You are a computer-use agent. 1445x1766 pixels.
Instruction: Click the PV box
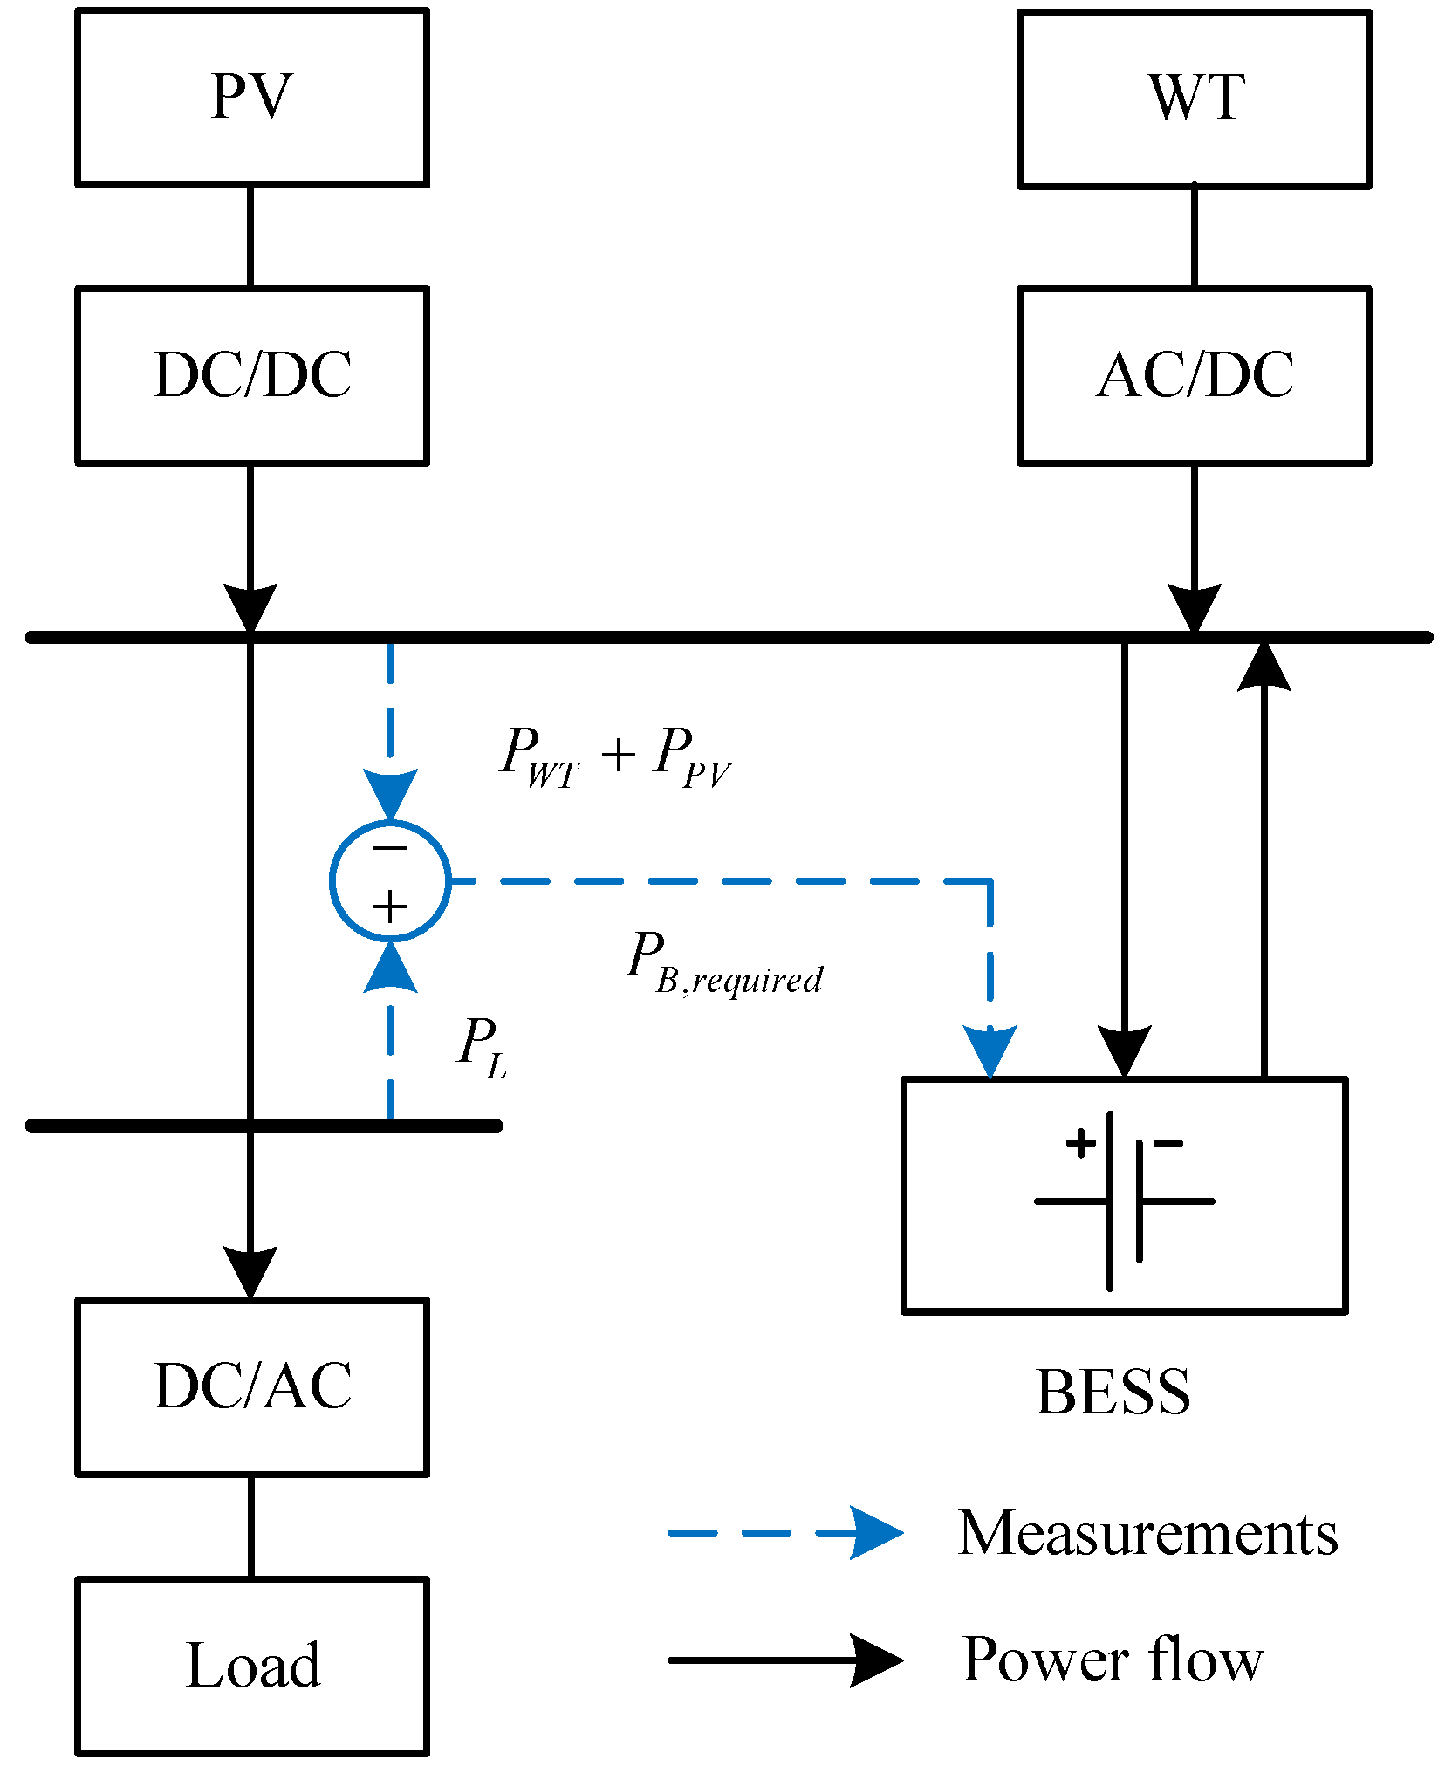(x=251, y=97)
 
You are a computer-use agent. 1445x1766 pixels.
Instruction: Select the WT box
(x=1194, y=99)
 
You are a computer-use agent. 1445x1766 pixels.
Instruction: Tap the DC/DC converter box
(x=251, y=375)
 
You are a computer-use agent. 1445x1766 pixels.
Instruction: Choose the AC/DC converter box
(x=1194, y=375)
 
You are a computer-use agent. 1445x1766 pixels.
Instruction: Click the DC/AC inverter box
(x=251, y=1386)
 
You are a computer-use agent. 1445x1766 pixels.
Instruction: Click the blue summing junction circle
(x=390, y=880)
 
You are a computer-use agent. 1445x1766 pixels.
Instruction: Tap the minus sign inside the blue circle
(x=389, y=848)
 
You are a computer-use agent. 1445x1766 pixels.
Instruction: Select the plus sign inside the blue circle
(x=389, y=907)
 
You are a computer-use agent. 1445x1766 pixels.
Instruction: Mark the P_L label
(x=481, y=1046)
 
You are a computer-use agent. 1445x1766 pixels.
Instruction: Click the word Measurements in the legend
(x=1147, y=1533)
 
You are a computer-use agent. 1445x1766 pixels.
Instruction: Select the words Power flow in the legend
(x=1112, y=1660)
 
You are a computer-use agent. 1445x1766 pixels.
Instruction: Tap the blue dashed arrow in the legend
(x=785, y=1532)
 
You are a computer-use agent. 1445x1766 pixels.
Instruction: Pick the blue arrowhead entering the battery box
(x=990, y=1051)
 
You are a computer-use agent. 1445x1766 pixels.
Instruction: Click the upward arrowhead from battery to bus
(x=1264, y=667)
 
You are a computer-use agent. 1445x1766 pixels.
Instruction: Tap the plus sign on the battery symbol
(x=1080, y=1143)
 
